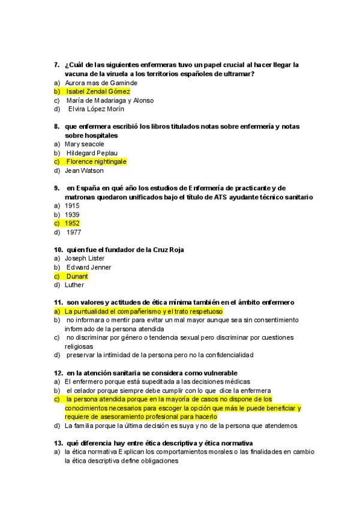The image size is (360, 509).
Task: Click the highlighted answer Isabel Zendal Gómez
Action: point(98,91)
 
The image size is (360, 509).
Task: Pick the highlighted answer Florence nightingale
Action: point(96,161)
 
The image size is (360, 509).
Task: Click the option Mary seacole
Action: point(84,144)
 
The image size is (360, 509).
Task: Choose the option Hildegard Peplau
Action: point(92,153)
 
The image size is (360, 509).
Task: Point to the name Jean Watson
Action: point(84,170)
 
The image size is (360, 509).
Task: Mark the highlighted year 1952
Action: point(73,223)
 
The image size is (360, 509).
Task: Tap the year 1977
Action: point(74,232)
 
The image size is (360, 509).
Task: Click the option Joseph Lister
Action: point(85,259)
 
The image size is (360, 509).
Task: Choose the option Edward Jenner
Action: point(89,267)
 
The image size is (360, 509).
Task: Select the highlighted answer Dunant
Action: point(77,276)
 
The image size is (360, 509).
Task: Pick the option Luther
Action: point(74,285)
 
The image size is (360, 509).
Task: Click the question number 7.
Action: point(56,64)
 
